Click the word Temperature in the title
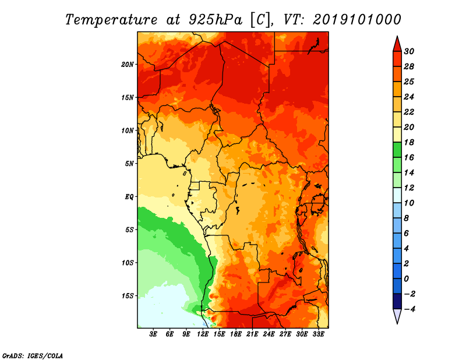pyautogui.click(x=111, y=20)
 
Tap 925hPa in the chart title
pyautogui.click(x=216, y=20)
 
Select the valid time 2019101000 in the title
pyautogui.click(x=356, y=19)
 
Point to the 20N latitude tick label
pyautogui.click(x=128, y=65)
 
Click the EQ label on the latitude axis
pyautogui.click(x=129, y=197)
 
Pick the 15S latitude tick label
pyautogui.click(x=128, y=296)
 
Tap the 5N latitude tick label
pyautogui.click(x=129, y=164)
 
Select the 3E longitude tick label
pyautogui.click(x=153, y=334)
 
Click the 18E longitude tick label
pyautogui.click(x=236, y=334)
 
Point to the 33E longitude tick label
pyautogui.click(x=318, y=334)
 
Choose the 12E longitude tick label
pyautogui.click(x=203, y=334)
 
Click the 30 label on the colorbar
pyautogui.click(x=409, y=51)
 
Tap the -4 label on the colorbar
pyautogui.click(x=409, y=309)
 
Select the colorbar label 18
pyautogui.click(x=409, y=142)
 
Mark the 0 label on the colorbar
pyautogui.click(x=406, y=279)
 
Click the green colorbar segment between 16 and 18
pyautogui.click(x=397, y=150)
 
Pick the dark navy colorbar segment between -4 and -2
pyautogui.click(x=397, y=301)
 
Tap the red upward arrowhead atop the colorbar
pyautogui.click(x=397, y=45)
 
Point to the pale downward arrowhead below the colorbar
pyautogui.click(x=397, y=316)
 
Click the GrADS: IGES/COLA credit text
pyautogui.click(x=33, y=355)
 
